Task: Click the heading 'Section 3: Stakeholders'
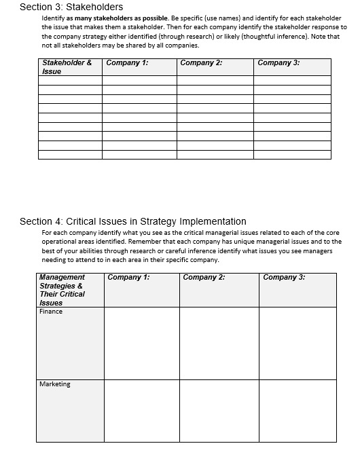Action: pyautogui.click(x=71, y=7)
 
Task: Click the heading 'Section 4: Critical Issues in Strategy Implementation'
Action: pyautogui.click(x=133, y=221)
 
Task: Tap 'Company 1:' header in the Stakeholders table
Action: pyautogui.click(x=128, y=63)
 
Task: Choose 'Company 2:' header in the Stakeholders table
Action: pyautogui.click(x=202, y=63)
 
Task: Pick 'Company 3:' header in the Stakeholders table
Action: pyautogui.click(x=278, y=63)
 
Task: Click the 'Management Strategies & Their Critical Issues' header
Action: pyautogui.click(x=62, y=290)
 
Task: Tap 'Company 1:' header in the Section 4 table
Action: pyautogui.click(x=129, y=277)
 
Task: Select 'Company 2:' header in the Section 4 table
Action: pyautogui.click(x=204, y=277)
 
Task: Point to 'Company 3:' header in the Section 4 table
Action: pyautogui.click(x=284, y=277)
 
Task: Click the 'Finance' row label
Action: pyautogui.click(x=51, y=312)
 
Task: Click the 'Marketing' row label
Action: pyautogui.click(x=55, y=384)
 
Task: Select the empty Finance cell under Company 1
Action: pyautogui.click(x=142, y=343)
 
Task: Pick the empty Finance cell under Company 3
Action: pyautogui.click(x=298, y=343)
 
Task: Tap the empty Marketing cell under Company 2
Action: pyautogui.click(x=219, y=411)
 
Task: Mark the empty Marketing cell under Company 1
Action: pyautogui.click(x=142, y=411)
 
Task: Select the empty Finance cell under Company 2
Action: pyautogui.click(x=219, y=343)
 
